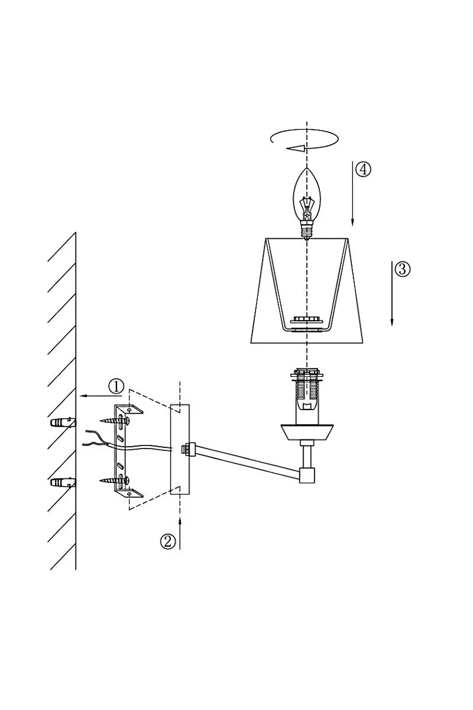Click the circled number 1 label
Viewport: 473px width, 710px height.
click(116, 386)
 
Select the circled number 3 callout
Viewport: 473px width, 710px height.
click(402, 269)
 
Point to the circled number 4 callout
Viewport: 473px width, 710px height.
click(363, 169)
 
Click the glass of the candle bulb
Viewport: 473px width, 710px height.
click(306, 195)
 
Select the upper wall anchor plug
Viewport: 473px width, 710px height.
click(63, 422)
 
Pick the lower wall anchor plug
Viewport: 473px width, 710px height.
click(63, 483)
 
